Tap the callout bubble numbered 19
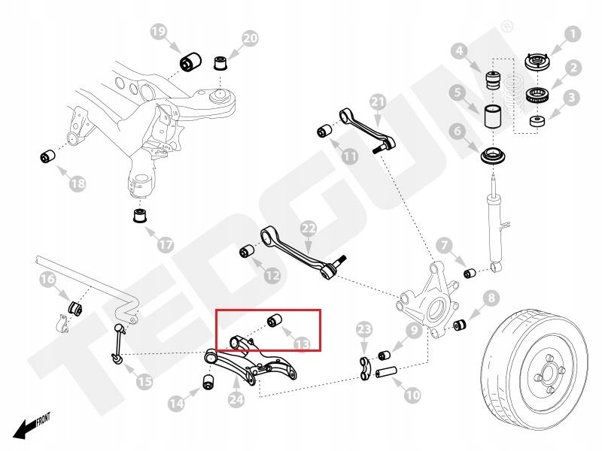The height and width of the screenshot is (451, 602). [x=159, y=32]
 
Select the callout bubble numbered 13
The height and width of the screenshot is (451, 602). [x=302, y=344]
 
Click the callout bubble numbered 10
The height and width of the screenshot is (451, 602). [x=412, y=392]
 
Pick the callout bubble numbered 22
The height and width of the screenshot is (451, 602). [x=309, y=228]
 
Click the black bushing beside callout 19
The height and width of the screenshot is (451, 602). [x=192, y=59]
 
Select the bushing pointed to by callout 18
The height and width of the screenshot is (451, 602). [x=49, y=156]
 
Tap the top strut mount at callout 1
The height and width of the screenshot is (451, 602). [x=535, y=62]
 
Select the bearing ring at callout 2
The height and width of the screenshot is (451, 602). [x=540, y=95]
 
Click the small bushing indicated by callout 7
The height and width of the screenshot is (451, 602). [x=468, y=271]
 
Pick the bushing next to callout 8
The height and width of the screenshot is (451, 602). [x=461, y=325]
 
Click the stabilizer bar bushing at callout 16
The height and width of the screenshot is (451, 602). [x=75, y=307]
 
